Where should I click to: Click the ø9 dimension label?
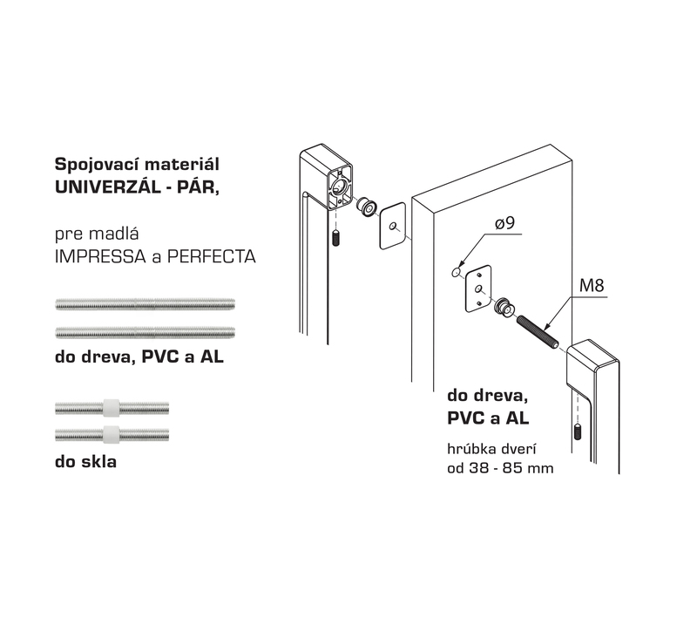point(504,222)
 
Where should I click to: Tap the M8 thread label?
point(592,285)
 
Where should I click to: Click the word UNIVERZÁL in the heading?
point(107,187)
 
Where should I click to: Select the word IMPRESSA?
point(100,256)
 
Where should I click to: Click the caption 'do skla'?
point(85,461)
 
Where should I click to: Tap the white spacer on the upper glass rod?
point(112,407)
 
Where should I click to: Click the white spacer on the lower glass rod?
point(112,434)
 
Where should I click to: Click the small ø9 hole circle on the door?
point(456,272)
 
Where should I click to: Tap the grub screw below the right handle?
point(578,431)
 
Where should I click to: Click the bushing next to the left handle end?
point(367,207)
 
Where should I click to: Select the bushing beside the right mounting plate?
point(504,307)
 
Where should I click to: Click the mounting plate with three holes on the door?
point(478,289)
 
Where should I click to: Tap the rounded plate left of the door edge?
point(394,226)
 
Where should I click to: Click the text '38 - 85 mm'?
point(511,468)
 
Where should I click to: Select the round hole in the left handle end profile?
point(340,186)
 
